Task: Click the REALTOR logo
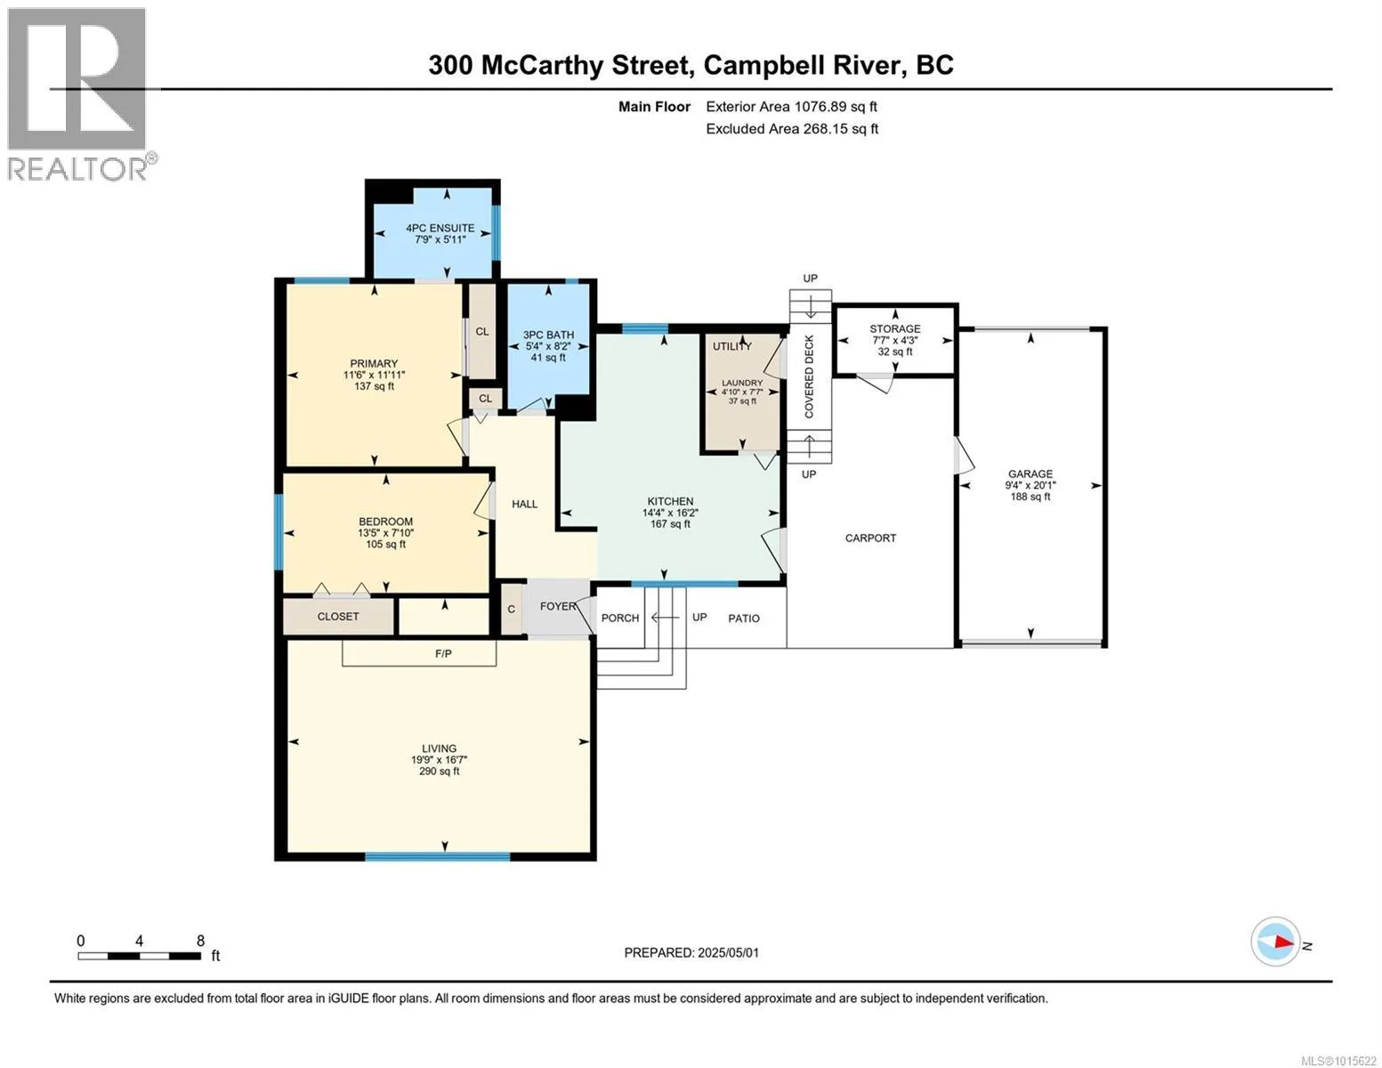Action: pos(79,94)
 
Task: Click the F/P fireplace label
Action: pos(443,654)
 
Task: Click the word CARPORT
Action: pos(870,538)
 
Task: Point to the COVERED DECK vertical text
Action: pos(809,376)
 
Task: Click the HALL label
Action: pos(525,505)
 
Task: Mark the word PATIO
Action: pos(744,619)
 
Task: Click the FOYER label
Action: pos(558,606)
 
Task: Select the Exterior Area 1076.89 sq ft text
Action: pos(791,107)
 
